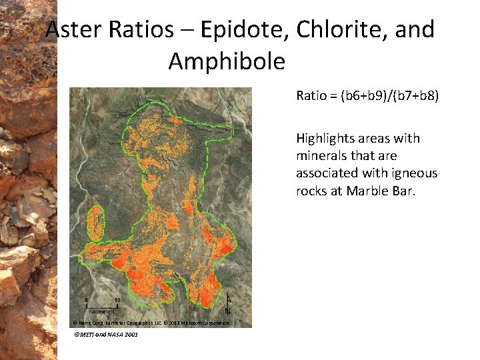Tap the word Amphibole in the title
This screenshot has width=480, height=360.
227,61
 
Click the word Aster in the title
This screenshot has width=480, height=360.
73,29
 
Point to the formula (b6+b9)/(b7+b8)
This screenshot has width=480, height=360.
389,95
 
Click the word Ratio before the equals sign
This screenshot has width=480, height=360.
311,95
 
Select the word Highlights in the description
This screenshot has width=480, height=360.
325,139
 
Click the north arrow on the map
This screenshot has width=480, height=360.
228,305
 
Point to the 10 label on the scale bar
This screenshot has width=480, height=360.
117,300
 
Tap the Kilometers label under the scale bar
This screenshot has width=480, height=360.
101,311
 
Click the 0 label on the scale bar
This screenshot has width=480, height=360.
86,300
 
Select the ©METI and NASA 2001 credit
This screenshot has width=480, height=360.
106,334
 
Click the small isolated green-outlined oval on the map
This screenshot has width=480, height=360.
96,223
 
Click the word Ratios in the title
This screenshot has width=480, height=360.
136,29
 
